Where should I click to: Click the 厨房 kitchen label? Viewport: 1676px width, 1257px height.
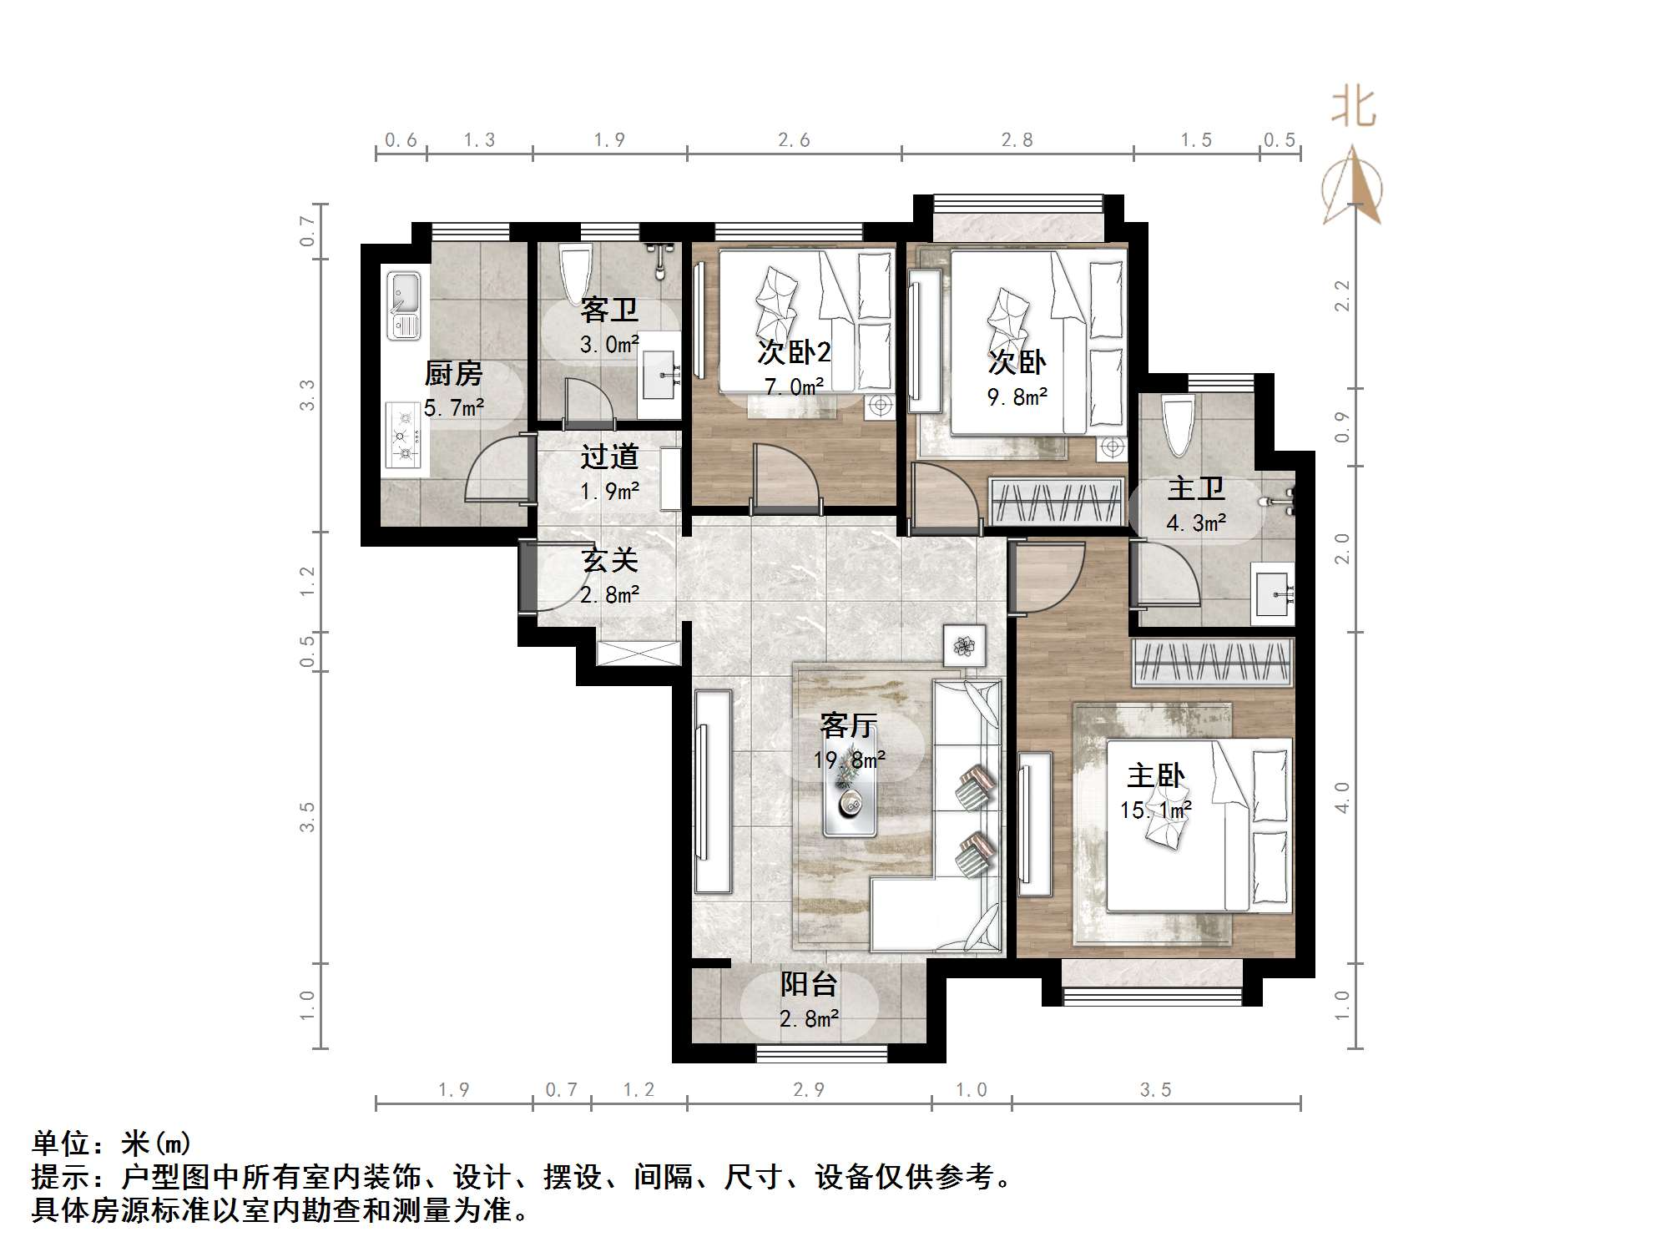453,373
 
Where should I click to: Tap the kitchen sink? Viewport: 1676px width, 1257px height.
404,305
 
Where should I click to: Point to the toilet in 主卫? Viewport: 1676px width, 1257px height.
1179,424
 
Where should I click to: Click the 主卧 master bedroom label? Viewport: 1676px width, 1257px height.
1156,775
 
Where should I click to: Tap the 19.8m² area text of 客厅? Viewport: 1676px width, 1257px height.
849,760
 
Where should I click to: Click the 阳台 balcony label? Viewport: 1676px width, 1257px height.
808,984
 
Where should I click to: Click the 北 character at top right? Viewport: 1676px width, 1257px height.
1353,108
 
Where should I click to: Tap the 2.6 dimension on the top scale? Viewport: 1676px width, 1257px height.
794,140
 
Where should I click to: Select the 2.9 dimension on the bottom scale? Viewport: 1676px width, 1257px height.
808,1089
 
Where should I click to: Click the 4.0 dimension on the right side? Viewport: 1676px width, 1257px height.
1341,798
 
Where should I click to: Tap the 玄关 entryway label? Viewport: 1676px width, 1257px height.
609,560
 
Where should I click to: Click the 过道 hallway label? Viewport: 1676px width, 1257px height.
609,457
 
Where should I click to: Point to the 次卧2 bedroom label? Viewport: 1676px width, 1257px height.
794,352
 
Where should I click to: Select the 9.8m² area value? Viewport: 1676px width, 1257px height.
1017,396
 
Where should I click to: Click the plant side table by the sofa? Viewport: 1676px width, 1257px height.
964,645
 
